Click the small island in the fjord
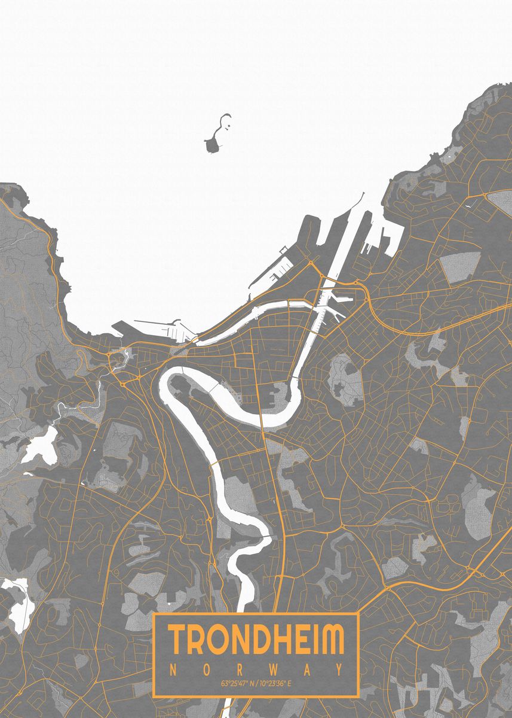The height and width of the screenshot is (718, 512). pos(213,144)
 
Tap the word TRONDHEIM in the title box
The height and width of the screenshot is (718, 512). pos(256,640)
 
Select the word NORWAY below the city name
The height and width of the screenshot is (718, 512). pos(256,668)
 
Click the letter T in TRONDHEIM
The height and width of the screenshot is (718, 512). pos(177,640)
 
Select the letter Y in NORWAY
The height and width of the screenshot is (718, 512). pos(340,668)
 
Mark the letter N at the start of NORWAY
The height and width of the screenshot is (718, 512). pos(172,668)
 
